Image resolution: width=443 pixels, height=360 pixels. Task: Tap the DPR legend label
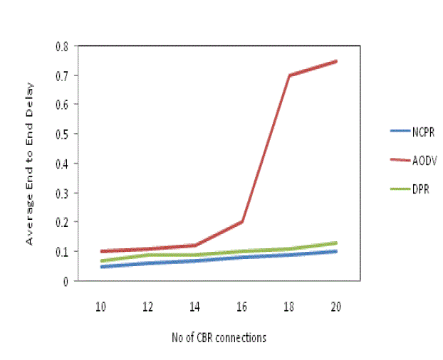coord(420,190)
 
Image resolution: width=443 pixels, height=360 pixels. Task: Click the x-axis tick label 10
coord(101,306)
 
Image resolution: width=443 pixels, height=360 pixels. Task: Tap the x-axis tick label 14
coord(195,306)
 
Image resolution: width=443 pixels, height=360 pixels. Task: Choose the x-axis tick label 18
coord(289,306)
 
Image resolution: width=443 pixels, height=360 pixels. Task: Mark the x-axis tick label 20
coord(336,306)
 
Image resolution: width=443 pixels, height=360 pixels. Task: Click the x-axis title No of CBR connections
coord(219,338)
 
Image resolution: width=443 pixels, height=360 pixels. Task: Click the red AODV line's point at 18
coord(289,75)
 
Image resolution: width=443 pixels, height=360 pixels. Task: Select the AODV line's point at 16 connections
coord(242,221)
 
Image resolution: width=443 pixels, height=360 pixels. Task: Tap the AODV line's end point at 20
coord(336,61)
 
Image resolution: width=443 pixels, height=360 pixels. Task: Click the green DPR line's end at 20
coord(336,243)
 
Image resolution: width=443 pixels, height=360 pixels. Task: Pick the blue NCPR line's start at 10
coord(101,267)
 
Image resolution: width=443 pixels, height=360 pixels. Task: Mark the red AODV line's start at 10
coord(101,251)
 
